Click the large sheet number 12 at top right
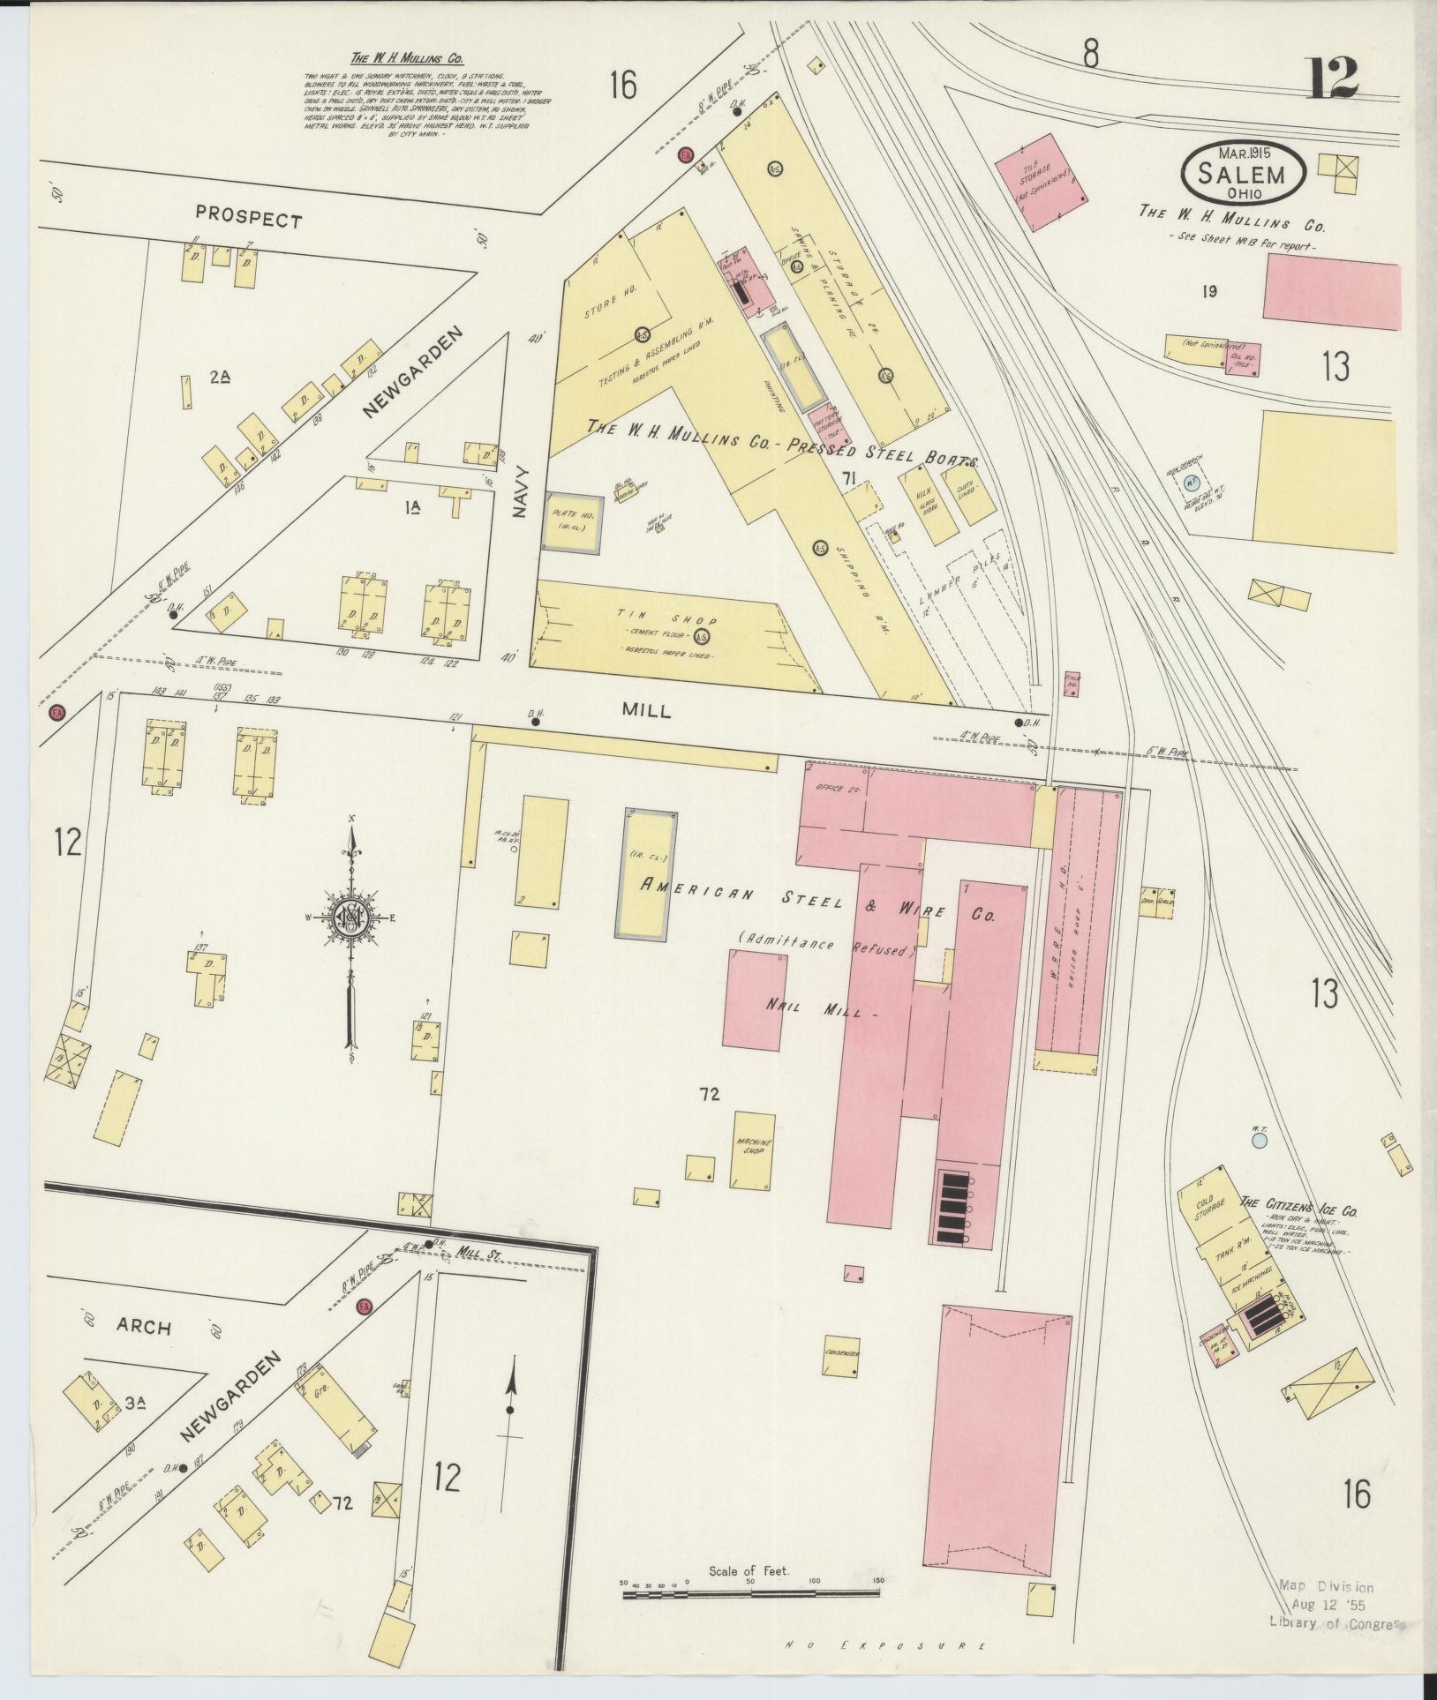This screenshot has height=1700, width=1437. click(1333, 79)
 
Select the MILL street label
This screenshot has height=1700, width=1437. click(646, 711)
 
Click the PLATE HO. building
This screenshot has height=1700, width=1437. click(573, 522)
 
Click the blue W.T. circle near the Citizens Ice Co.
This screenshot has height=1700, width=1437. click(1260, 1141)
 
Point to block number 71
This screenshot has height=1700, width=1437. click(851, 478)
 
